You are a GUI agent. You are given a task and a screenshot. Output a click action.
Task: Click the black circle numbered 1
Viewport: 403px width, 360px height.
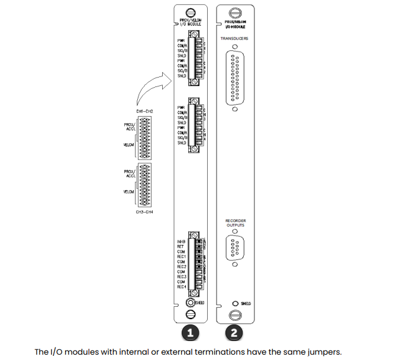(x=190, y=333)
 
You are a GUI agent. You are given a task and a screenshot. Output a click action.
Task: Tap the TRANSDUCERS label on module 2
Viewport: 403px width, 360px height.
(x=234, y=38)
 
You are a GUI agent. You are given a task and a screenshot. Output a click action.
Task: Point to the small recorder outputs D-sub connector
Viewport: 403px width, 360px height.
(x=235, y=248)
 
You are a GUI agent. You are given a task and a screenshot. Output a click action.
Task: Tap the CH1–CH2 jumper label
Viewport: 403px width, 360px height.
(x=145, y=111)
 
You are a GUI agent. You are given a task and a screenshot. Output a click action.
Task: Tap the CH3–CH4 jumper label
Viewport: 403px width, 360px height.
(x=145, y=211)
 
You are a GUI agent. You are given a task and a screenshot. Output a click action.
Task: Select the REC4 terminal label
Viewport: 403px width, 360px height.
(x=182, y=287)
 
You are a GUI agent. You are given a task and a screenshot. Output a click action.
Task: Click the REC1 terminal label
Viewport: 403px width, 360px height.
(x=182, y=257)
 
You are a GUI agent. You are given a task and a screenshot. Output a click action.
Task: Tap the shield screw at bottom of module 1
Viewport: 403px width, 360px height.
(x=191, y=303)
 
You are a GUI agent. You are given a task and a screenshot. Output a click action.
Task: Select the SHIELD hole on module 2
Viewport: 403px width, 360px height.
(x=235, y=303)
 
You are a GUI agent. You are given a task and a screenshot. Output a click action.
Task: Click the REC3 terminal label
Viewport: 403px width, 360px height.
(x=182, y=277)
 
